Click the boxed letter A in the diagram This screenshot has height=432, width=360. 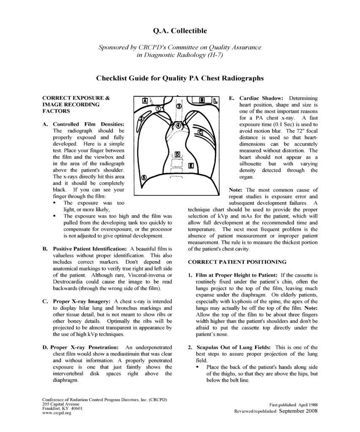click(145, 101)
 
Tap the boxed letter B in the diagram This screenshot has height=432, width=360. click(202, 100)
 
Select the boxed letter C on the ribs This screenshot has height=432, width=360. click(200, 132)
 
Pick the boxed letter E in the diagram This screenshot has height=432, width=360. click(191, 165)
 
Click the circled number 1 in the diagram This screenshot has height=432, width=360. click(158, 108)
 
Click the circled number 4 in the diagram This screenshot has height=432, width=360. click(178, 125)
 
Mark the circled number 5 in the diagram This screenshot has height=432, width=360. click(144, 178)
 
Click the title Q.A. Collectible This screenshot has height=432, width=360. click(179, 31)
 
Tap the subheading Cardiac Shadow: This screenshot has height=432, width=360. click(259, 97)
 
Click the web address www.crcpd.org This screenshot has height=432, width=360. click(57, 413)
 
